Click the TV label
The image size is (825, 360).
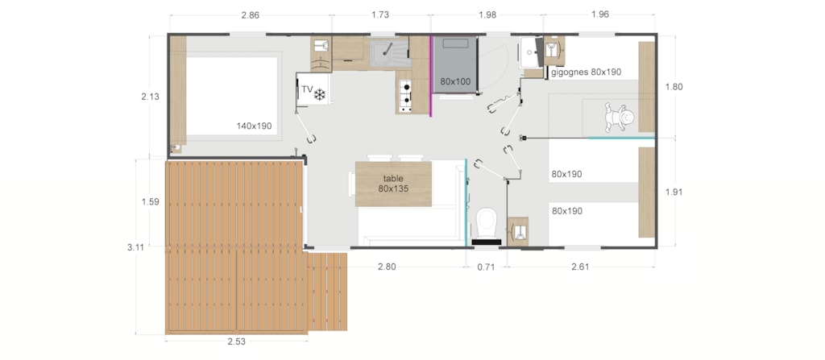[307, 89]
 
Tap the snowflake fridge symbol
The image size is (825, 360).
[320, 95]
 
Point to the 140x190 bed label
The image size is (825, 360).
[254, 126]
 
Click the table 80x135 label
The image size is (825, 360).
[393, 183]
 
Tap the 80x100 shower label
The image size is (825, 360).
[455, 81]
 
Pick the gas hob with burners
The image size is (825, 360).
[405, 95]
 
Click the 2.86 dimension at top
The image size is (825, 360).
[251, 14]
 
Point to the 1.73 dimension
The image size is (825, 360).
[380, 14]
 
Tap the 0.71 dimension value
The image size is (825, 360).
[486, 267]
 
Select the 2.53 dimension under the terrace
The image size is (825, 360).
[236, 341]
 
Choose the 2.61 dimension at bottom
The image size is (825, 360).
[580, 267]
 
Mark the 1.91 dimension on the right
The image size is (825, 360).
[674, 192]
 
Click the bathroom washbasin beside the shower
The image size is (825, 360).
[530, 52]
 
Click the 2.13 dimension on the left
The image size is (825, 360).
[150, 97]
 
